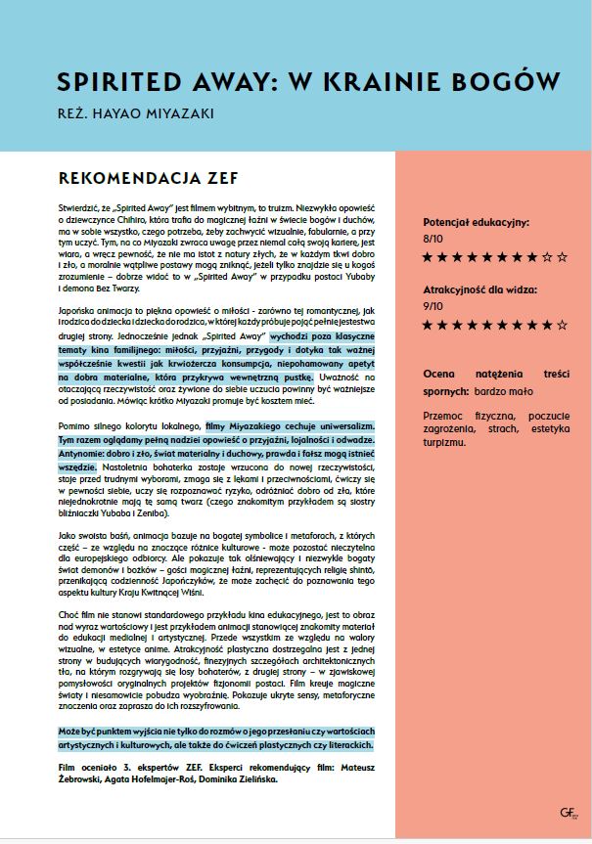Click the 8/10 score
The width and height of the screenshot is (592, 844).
pos(433,238)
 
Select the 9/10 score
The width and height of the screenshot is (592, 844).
pos(433,305)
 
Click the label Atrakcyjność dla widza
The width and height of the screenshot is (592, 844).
pos(480,290)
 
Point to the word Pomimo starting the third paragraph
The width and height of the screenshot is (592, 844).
pos(75,426)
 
